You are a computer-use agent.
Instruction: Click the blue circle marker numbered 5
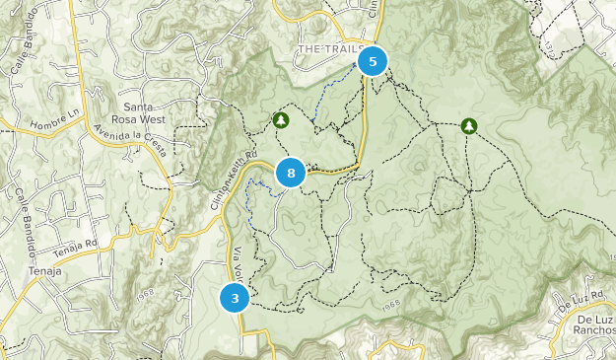pos(373,62)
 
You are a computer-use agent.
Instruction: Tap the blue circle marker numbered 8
pos(291,175)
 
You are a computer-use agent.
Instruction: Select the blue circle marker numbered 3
pos(235,297)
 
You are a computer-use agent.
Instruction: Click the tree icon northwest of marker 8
pos(281,120)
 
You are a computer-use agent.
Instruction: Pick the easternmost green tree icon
pos(469,126)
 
